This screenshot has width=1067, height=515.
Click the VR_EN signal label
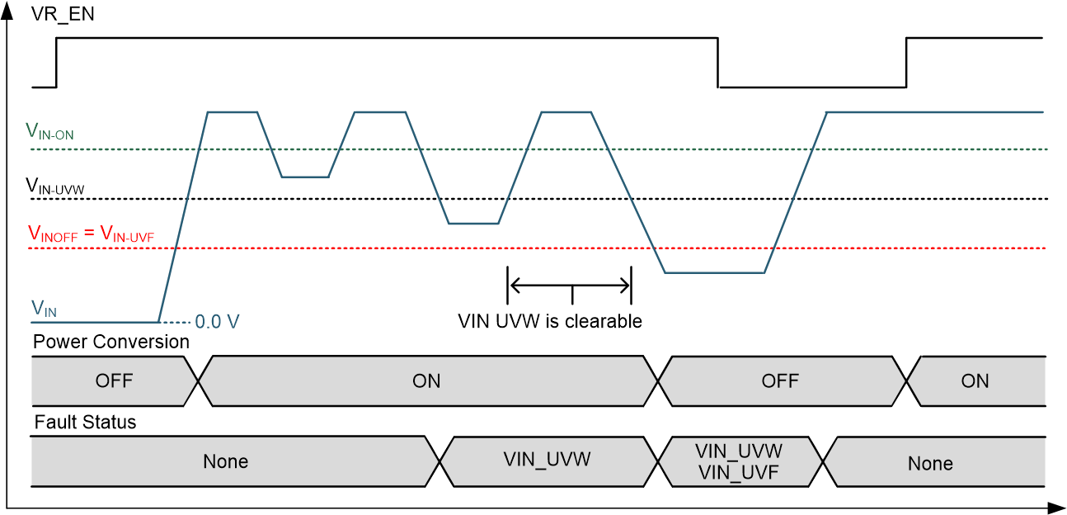click(63, 14)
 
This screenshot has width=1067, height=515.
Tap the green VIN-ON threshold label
click(50, 132)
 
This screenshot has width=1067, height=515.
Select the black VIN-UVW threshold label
click(55, 187)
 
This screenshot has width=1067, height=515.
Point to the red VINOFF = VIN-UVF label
click(92, 234)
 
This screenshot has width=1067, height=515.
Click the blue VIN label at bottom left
click(44, 309)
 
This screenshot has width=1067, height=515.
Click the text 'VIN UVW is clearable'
click(550, 321)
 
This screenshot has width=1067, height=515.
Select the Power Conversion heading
click(111, 342)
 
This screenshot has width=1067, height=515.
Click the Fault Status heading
click(85, 423)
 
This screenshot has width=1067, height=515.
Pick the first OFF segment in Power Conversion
click(114, 380)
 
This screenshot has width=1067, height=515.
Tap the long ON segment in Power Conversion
click(426, 380)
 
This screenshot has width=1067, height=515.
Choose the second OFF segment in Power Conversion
click(780, 380)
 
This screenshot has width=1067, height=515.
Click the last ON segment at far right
click(975, 380)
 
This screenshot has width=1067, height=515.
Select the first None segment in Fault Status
click(225, 461)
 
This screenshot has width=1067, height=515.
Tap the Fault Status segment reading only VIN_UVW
click(547, 460)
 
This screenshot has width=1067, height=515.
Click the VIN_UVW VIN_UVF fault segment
click(739, 461)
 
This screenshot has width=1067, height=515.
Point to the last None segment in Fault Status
click(930, 463)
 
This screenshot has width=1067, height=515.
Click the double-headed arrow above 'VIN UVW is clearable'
click(569, 286)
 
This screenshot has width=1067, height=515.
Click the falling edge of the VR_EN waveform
click(719, 62)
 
